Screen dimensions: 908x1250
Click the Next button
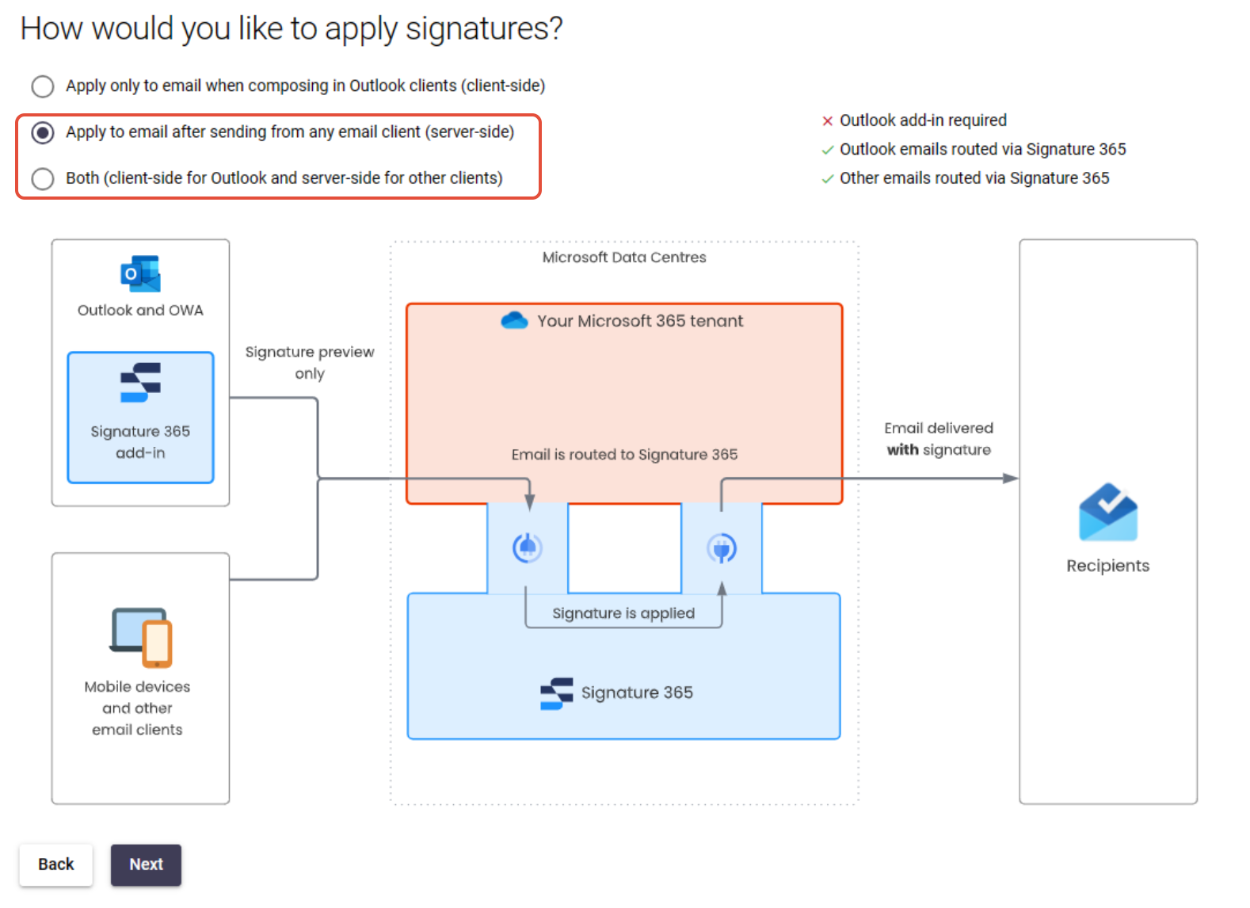coord(146,864)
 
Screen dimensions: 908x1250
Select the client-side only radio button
coord(43,86)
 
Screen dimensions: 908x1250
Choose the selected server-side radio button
coord(43,132)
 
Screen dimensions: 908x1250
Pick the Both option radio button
coord(43,179)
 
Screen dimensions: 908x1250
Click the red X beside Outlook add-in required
coord(827,121)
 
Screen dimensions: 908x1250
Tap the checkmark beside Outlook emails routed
coord(827,150)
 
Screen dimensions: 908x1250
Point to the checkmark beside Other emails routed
coord(827,179)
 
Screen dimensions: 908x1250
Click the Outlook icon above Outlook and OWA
coord(140,274)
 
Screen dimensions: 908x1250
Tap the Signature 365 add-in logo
coord(140,382)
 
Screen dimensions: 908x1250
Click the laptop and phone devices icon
coord(142,637)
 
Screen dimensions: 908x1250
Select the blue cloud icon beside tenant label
coord(514,321)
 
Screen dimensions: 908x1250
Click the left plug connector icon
coord(527,547)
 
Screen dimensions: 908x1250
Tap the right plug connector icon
coord(722,547)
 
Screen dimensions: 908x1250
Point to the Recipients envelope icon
coord(1107,513)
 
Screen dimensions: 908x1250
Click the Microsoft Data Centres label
coord(624,258)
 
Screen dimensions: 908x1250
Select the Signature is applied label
coord(623,613)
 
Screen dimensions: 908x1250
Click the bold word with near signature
coord(902,450)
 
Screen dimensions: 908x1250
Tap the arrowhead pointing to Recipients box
coord(1010,479)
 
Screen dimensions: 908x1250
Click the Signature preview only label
coord(310,362)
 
